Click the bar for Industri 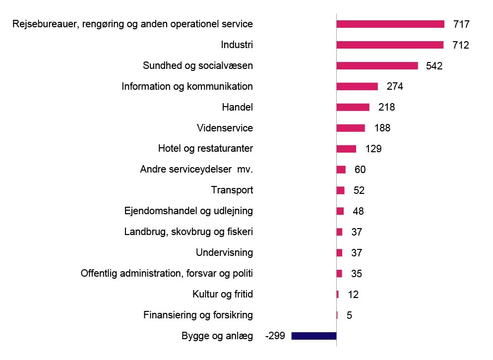click(x=390, y=45)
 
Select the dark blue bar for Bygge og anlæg click(x=313, y=336)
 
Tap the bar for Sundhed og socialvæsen click(x=377, y=65)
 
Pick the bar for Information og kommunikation click(x=357, y=86)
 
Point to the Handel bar click(x=353, y=107)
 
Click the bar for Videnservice click(x=351, y=128)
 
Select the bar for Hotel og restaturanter click(x=346, y=149)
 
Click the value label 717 click(x=461, y=24)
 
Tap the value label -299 click(x=275, y=336)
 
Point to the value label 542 click(x=434, y=65)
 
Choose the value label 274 click(x=395, y=86)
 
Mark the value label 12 click(x=353, y=295)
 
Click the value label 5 click(x=349, y=315)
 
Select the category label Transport click(x=232, y=190)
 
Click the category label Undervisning click(x=224, y=252)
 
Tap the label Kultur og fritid click(x=223, y=294)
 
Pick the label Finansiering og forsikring click(x=198, y=315)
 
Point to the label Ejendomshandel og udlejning click(x=188, y=211)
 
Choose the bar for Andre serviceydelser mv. click(x=341, y=170)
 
